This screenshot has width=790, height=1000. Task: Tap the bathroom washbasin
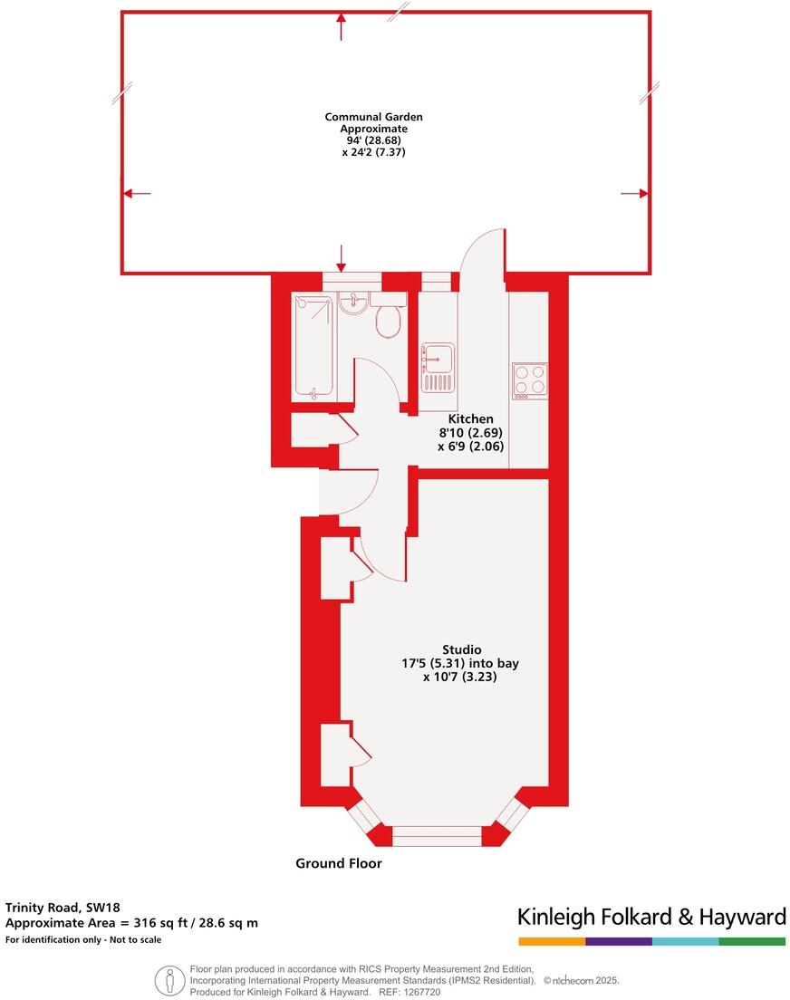tap(352, 304)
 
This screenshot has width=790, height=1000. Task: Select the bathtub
tap(313, 345)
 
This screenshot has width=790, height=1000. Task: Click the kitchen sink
tap(438, 368)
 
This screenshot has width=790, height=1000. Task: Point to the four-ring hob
tap(530, 380)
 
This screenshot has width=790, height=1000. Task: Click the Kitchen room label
tap(471, 419)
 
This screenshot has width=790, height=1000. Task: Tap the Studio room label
tap(461, 649)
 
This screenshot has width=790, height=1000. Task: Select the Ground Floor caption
tap(338, 863)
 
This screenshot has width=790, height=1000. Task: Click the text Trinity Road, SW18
tap(63, 907)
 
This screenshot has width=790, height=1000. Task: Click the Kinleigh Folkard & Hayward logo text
tap(651, 917)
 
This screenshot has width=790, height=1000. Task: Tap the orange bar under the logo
tap(551, 942)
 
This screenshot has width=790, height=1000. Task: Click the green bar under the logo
tap(752, 942)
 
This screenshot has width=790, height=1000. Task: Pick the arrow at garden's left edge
tap(137, 193)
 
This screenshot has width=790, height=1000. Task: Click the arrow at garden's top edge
tap(341, 26)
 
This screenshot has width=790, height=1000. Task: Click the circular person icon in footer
tap(166, 980)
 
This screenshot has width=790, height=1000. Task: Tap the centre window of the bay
tap(437, 835)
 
